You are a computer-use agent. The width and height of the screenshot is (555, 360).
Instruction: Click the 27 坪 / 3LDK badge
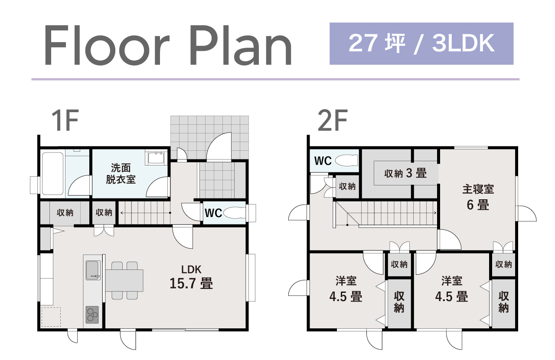pos(421,44)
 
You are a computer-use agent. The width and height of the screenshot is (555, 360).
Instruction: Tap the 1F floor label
pos(65,120)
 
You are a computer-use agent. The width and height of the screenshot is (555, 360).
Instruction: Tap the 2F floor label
pos(333,120)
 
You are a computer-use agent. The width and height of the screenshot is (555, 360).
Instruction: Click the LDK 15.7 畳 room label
pos(191,277)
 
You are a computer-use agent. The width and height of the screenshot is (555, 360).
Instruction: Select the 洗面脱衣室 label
pos(121,174)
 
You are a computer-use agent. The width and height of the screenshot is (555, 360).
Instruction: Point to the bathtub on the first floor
pos(52,174)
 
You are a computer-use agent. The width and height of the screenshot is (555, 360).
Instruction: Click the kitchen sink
pos(93,270)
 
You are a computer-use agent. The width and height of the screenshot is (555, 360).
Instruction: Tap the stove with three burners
pos(92,315)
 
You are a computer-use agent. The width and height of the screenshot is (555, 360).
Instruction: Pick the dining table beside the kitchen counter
pos(124,280)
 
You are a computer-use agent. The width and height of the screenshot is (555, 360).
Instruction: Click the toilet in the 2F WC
pos(346,161)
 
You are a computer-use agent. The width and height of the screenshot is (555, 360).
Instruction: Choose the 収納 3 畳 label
pos(405,173)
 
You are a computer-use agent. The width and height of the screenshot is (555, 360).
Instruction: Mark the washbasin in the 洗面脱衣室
pos(156,158)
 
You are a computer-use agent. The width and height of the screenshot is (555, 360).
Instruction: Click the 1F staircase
pos(144,213)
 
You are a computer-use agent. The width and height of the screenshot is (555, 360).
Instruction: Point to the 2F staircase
pos(385,214)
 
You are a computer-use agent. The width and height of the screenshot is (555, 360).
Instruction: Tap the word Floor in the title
pos(107,45)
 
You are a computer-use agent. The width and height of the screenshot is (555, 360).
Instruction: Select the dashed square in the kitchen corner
pos(51,317)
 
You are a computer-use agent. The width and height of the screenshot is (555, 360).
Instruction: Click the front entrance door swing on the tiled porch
pos(219,146)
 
